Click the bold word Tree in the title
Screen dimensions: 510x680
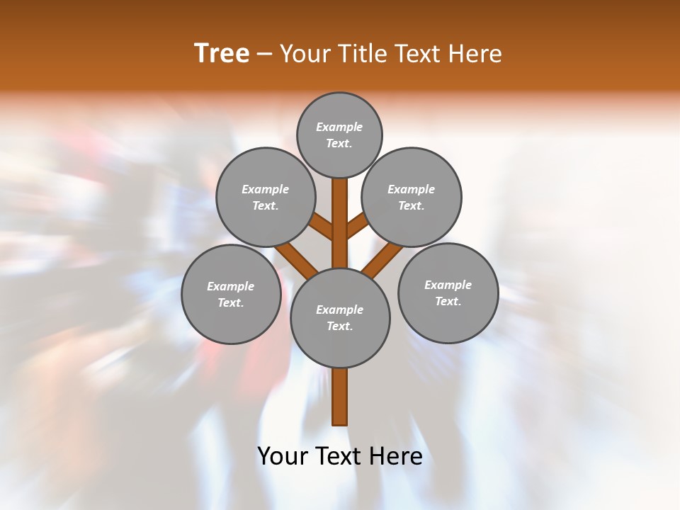coord(222,54)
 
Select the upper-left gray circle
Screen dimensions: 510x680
coord(265,197)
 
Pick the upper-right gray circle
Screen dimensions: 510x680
coord(412,197)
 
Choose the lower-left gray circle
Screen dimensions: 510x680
coord(231,294)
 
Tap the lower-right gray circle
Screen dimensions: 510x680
coord(448,293)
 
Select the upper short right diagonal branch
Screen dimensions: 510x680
coord(357,226)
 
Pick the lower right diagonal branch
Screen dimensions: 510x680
coord(382,259)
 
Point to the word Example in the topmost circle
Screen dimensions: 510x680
coord(339,127)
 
